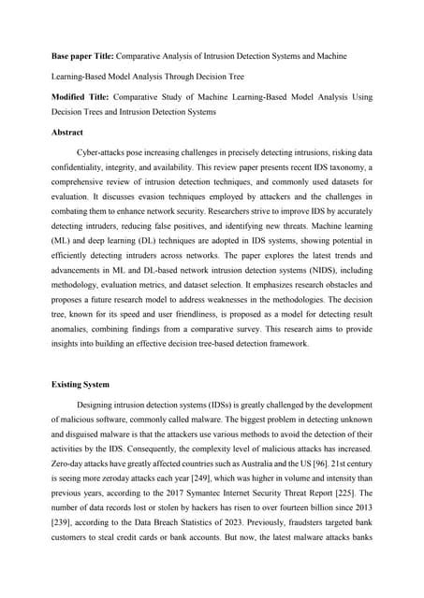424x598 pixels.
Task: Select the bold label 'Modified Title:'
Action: click(80, 97)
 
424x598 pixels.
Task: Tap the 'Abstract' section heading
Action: click(67, 133)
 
